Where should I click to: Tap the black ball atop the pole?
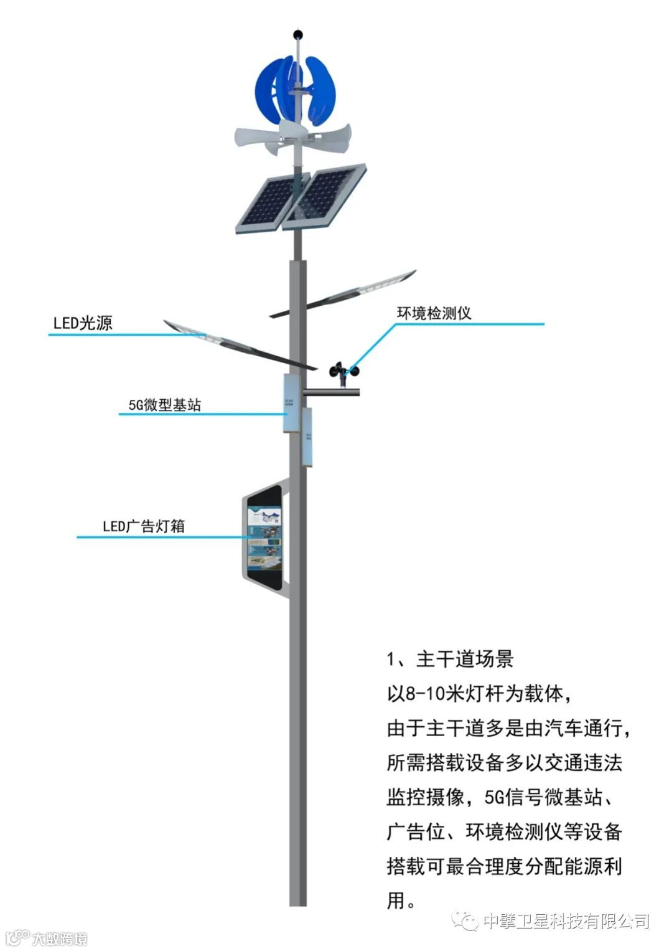pyautogui.click(x=298, y=34)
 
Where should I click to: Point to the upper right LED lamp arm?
pyautogui.click(x=346, y=293)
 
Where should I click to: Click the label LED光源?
pyautogui.click(x=83, y=323)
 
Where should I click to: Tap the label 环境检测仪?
pyautogui.click(x=434, y=313)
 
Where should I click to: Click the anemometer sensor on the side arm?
pyautogui.click(x=344, y=372)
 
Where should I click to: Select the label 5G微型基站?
pyautogui.click(x=165, y=405)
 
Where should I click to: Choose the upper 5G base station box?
pyautogui.click(x=291, y=403)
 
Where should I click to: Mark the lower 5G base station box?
pyautogui.click(x=307, y=437)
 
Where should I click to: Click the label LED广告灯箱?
pyautogui.click(x=144, y=526)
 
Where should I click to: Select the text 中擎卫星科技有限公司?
pyautogui.click(x=566, y=920)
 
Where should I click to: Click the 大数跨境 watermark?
pyautogui.click(x=59, y=939)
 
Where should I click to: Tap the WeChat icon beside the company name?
pyautogui.click(x=465, y=920)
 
